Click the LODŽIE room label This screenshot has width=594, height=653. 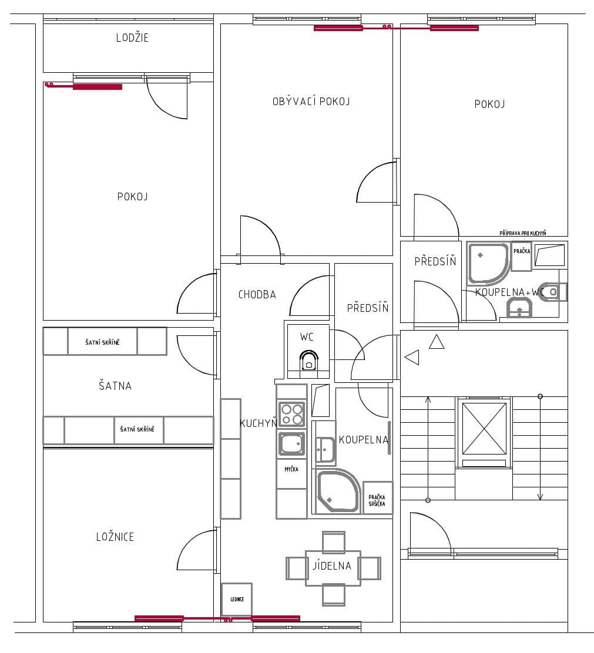pos(132,38)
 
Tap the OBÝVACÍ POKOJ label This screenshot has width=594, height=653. pos(311,102)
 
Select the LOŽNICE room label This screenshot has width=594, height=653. pos(115,537)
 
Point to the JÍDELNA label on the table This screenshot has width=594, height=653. pos(332,566)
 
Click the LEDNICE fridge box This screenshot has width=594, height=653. pos(237,599)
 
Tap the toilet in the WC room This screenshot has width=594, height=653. pos(309,361)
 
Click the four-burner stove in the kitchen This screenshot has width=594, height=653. pos(291,414)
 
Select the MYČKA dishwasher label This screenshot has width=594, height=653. pos(291,469)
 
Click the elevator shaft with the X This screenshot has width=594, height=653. pos(484,428)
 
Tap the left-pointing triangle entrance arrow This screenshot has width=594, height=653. pos(412,357)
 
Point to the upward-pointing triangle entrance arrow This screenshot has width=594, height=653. pos(437,342)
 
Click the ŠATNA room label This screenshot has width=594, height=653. pos(115,386)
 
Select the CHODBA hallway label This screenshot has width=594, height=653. pos(257,295)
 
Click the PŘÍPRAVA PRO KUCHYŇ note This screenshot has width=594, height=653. pos(522,233)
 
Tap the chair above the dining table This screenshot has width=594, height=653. pos(334,541)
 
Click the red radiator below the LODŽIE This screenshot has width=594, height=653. pos(97,87)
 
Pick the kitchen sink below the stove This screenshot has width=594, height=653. pos(292,444)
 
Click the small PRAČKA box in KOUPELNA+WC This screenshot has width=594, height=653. pos(521,251)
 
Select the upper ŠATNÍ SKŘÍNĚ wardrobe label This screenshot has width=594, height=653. pos(102,342)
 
